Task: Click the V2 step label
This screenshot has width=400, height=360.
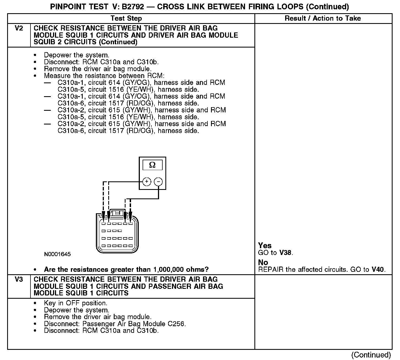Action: tap(19, 28)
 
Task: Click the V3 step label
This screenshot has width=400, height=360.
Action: tap(19, 279)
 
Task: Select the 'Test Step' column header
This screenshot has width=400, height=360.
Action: tap(126, 18)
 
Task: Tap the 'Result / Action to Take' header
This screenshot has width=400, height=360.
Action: tap(323, 18)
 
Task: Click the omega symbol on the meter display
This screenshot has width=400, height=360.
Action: tap(152, 165)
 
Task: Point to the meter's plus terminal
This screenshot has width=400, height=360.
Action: tap(147, 182)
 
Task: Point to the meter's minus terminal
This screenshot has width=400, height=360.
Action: tap(158, 182)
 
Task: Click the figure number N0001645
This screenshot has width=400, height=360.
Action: tap(57, 254)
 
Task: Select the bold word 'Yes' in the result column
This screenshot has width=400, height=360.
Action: tap(265, 245)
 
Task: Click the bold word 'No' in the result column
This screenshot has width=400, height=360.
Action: tap(263, 262)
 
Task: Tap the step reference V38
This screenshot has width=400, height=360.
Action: tap(286, 253)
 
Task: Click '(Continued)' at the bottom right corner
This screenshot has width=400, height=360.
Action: tap(371, 355)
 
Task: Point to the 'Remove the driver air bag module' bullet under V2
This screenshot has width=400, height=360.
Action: tap(98, 69)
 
